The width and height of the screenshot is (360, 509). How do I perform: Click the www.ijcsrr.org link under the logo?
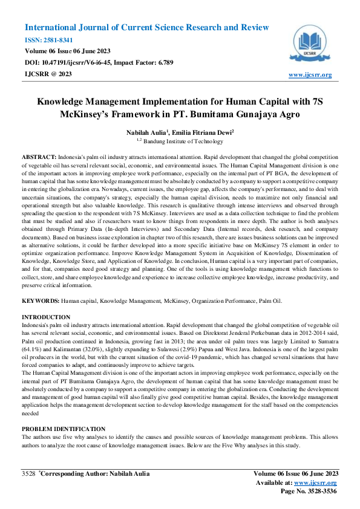[x=310, y=75]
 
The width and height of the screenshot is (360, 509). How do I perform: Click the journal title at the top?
[x=146, y=28]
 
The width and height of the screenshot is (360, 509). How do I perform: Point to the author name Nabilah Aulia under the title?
[x=145, y=132]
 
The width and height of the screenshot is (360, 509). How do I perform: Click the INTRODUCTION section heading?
[x=47, y=317]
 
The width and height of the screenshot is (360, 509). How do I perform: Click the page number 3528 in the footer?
[x=28, y=473]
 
